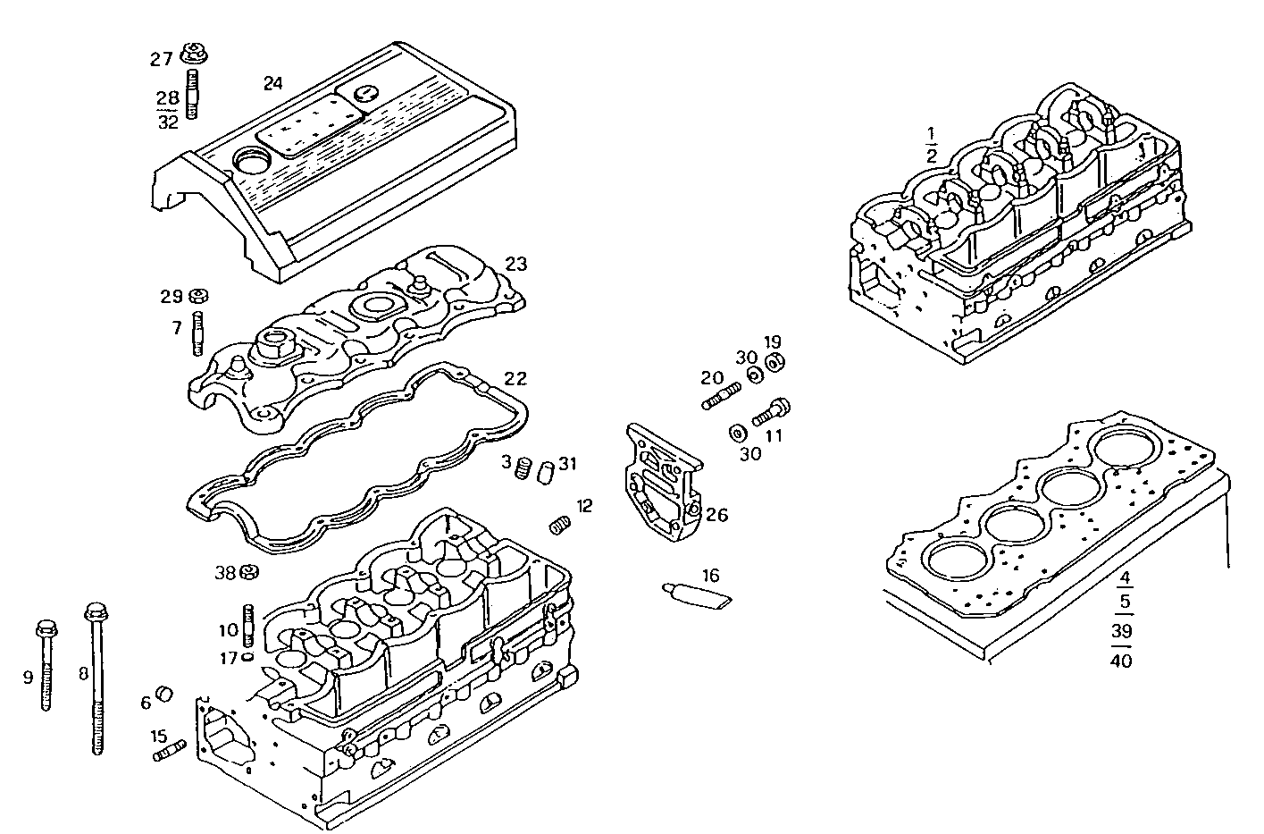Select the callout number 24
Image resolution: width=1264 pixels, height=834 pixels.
coord(272,83)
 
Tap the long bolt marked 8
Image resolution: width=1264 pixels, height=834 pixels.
coord(96,679)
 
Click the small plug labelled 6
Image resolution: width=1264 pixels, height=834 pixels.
coord(164,695)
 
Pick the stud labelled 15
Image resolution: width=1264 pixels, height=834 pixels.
coord(168,753)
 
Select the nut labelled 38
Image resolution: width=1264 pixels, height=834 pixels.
coord(250,572)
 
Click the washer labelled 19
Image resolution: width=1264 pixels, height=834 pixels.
coord(775,363)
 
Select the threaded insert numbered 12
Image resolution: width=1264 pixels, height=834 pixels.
coord(559,526)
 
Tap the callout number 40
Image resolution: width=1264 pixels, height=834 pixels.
coord(1120,661)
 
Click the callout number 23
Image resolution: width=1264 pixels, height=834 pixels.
coord(515,265)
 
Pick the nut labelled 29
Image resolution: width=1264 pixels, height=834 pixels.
coord(200,296)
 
